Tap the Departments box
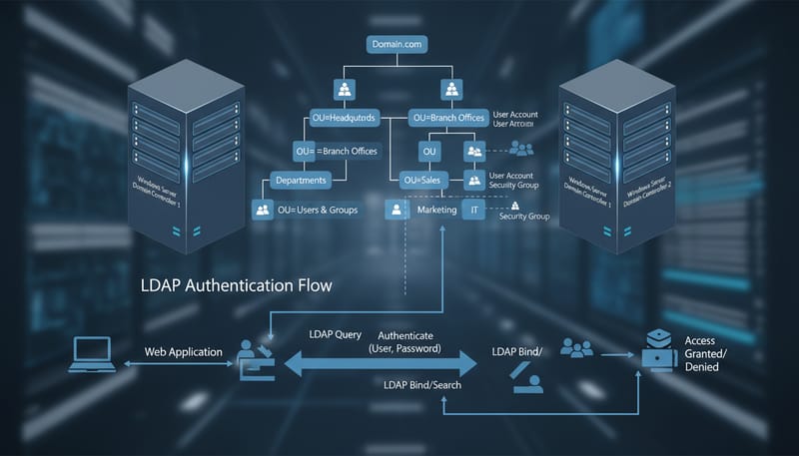(301, 181)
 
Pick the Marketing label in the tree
(436, 211)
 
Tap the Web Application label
(182, 352)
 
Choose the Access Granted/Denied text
(705, 353)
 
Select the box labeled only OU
(430, 151)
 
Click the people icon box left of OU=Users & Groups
(263, 211)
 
